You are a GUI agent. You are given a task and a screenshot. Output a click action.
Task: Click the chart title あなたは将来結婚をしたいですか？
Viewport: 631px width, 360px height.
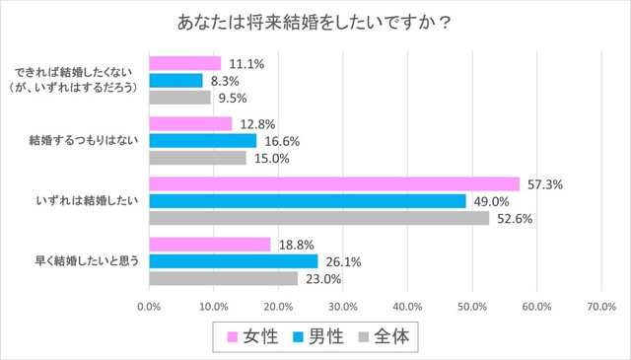315,21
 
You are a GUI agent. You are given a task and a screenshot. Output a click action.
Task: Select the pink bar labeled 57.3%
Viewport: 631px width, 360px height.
333,184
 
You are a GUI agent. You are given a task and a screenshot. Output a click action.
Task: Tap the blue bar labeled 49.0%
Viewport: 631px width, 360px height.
307,201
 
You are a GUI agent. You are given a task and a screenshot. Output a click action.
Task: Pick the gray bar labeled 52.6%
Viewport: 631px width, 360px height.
318,218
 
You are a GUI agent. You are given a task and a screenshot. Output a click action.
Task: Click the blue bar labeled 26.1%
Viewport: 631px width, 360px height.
233,261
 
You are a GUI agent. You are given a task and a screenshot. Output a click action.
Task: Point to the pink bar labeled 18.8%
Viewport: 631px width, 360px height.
209,245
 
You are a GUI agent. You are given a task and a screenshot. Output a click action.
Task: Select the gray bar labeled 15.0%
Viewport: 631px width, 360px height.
197,158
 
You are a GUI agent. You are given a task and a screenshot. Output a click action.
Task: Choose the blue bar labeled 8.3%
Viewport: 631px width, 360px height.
175,81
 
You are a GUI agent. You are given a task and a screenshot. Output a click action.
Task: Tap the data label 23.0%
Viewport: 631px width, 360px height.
319,279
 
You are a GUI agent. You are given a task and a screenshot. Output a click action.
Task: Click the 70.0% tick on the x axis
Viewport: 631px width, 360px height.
600,307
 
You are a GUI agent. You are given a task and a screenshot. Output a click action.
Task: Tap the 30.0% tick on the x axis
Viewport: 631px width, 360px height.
342,307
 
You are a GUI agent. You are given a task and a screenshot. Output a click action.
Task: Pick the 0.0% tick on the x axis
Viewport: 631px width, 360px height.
149,307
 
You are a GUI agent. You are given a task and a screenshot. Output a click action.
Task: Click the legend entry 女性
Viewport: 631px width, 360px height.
256,336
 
